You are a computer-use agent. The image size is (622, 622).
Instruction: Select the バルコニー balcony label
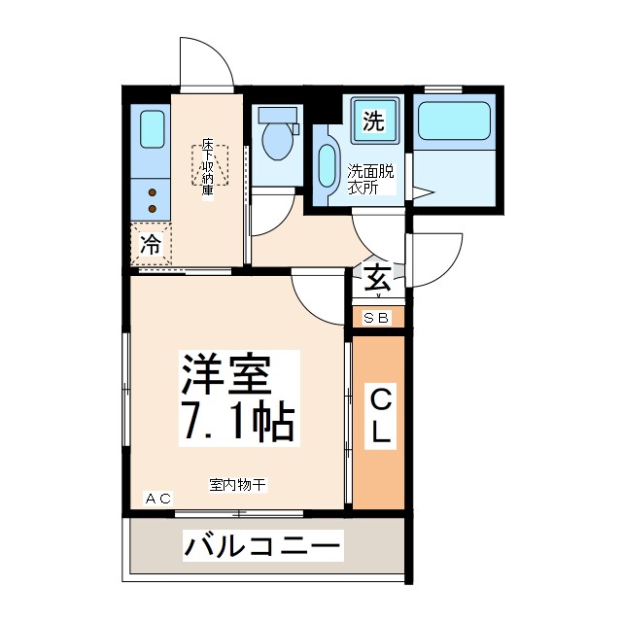pyautogui.click(x=262, y=546)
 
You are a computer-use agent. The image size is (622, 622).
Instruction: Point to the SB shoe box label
pyautogui.click(x=377, y=318)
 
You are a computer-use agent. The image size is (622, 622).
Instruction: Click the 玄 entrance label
pyautogui.click(x=378, y=280)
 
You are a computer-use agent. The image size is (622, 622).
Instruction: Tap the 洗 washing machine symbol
pyautogui.click(x=372, y=121)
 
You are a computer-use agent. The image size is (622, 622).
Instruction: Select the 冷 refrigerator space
pyautogui.click(x=151, y=245)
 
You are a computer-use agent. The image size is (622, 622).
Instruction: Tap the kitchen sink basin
pyautogui.click(x=152, y=130)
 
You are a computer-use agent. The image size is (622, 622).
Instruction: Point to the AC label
pyautogui.click(x=157, y=499)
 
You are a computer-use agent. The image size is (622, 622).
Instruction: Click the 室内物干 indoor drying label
pyautogui.click(x=236, y=483)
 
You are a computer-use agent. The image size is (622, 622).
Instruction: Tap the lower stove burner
pyautogui.click(x=152, y=209)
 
